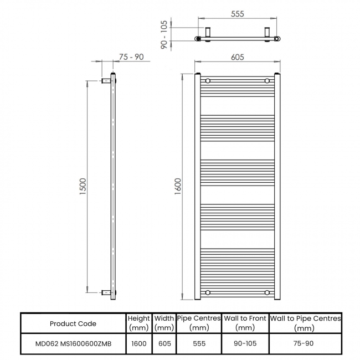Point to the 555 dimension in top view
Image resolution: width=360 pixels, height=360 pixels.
(238, 14)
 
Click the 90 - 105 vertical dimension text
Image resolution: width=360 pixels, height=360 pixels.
(164, 35)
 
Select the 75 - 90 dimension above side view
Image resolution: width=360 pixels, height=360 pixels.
(131, 56)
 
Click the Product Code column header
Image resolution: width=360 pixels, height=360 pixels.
(73, 323)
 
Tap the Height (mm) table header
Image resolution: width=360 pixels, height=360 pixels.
(138, 323)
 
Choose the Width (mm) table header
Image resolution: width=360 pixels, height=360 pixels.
(164, 323)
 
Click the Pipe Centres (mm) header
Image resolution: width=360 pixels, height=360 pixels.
(199, 323)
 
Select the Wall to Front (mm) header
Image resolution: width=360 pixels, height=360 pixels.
(245, 323)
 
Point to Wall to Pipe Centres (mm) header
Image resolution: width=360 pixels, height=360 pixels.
(305, 323)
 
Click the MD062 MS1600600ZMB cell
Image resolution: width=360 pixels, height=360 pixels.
(73, 343)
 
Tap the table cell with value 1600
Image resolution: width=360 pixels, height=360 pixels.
(138, 343)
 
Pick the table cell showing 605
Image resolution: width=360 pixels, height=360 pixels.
(164, 343)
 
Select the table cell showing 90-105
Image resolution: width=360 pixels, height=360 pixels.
(245, 343)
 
